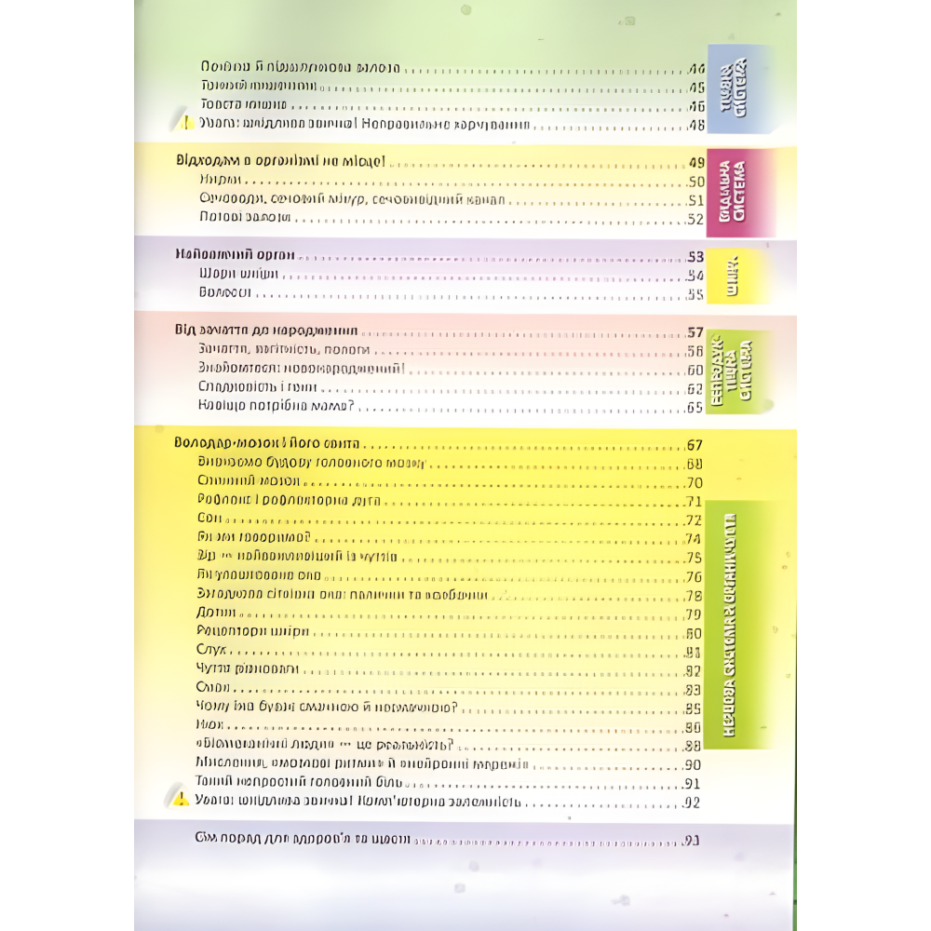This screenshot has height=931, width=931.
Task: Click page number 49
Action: pyautogui.click(x=694, y=160)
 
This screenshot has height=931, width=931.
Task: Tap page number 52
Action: pyautogui.click(x=694, y=219)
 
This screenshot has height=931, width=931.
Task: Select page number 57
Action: pyautogui.click(x=694, y=332)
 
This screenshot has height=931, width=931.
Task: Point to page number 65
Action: pyautogui.click(x=694, y=408)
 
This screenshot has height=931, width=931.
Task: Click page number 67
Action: pyautogui.click(x=694, y=445)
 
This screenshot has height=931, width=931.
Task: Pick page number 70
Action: pyautogui.click(x=694, y=483)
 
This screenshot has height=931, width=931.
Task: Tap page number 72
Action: pyautogui.click(x=694, y=520)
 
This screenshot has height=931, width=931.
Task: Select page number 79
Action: pyautogui.click(x=694, y=614)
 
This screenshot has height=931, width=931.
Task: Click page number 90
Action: pyautogui.click(x=694, y=765)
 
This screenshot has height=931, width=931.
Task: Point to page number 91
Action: pyautogui.click(x=694, y=784)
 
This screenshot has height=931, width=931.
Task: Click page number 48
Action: pyautogui.click(x=694, y=124)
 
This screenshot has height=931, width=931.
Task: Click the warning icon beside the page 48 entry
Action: pyautogui.click(x=186, y=123)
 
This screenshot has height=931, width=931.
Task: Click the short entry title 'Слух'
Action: pyautogui.click(x=213, y=651)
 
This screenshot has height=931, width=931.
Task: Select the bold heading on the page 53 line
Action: pyautogui.click(x=235, y=255)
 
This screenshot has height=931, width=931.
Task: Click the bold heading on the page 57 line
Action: pyautogui.click(x=266, y=331)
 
